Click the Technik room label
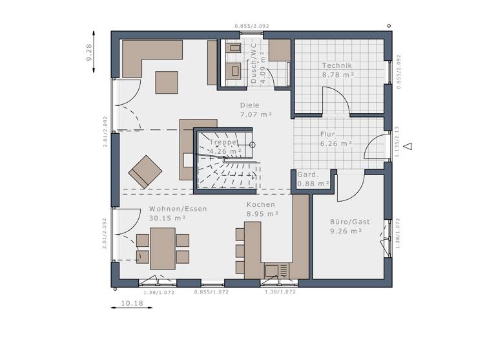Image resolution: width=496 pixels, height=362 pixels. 336,65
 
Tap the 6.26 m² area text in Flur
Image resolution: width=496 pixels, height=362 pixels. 336,144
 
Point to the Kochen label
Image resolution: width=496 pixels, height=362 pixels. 260,204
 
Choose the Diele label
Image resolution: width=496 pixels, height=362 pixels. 249,105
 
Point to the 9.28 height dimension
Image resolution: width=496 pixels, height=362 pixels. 89,52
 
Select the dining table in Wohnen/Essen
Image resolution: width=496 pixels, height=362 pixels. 162,248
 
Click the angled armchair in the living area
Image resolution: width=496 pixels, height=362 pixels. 145,171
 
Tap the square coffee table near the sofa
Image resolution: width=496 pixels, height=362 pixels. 167,82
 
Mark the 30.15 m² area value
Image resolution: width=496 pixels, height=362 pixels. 167,218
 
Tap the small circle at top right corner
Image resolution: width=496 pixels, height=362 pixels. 389,27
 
